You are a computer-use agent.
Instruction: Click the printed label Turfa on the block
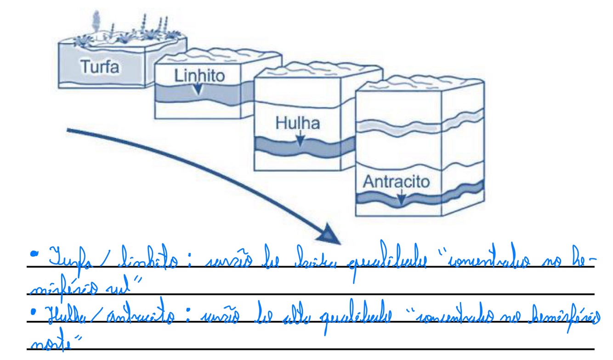click(100, 67)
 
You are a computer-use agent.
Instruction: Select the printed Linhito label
click(199, 75)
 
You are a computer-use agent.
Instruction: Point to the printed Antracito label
click(396, 182)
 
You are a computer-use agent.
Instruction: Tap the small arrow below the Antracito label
click(401, 198)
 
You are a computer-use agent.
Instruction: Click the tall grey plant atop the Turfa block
click(96, 21)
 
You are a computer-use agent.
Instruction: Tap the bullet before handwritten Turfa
click(33, 253)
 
